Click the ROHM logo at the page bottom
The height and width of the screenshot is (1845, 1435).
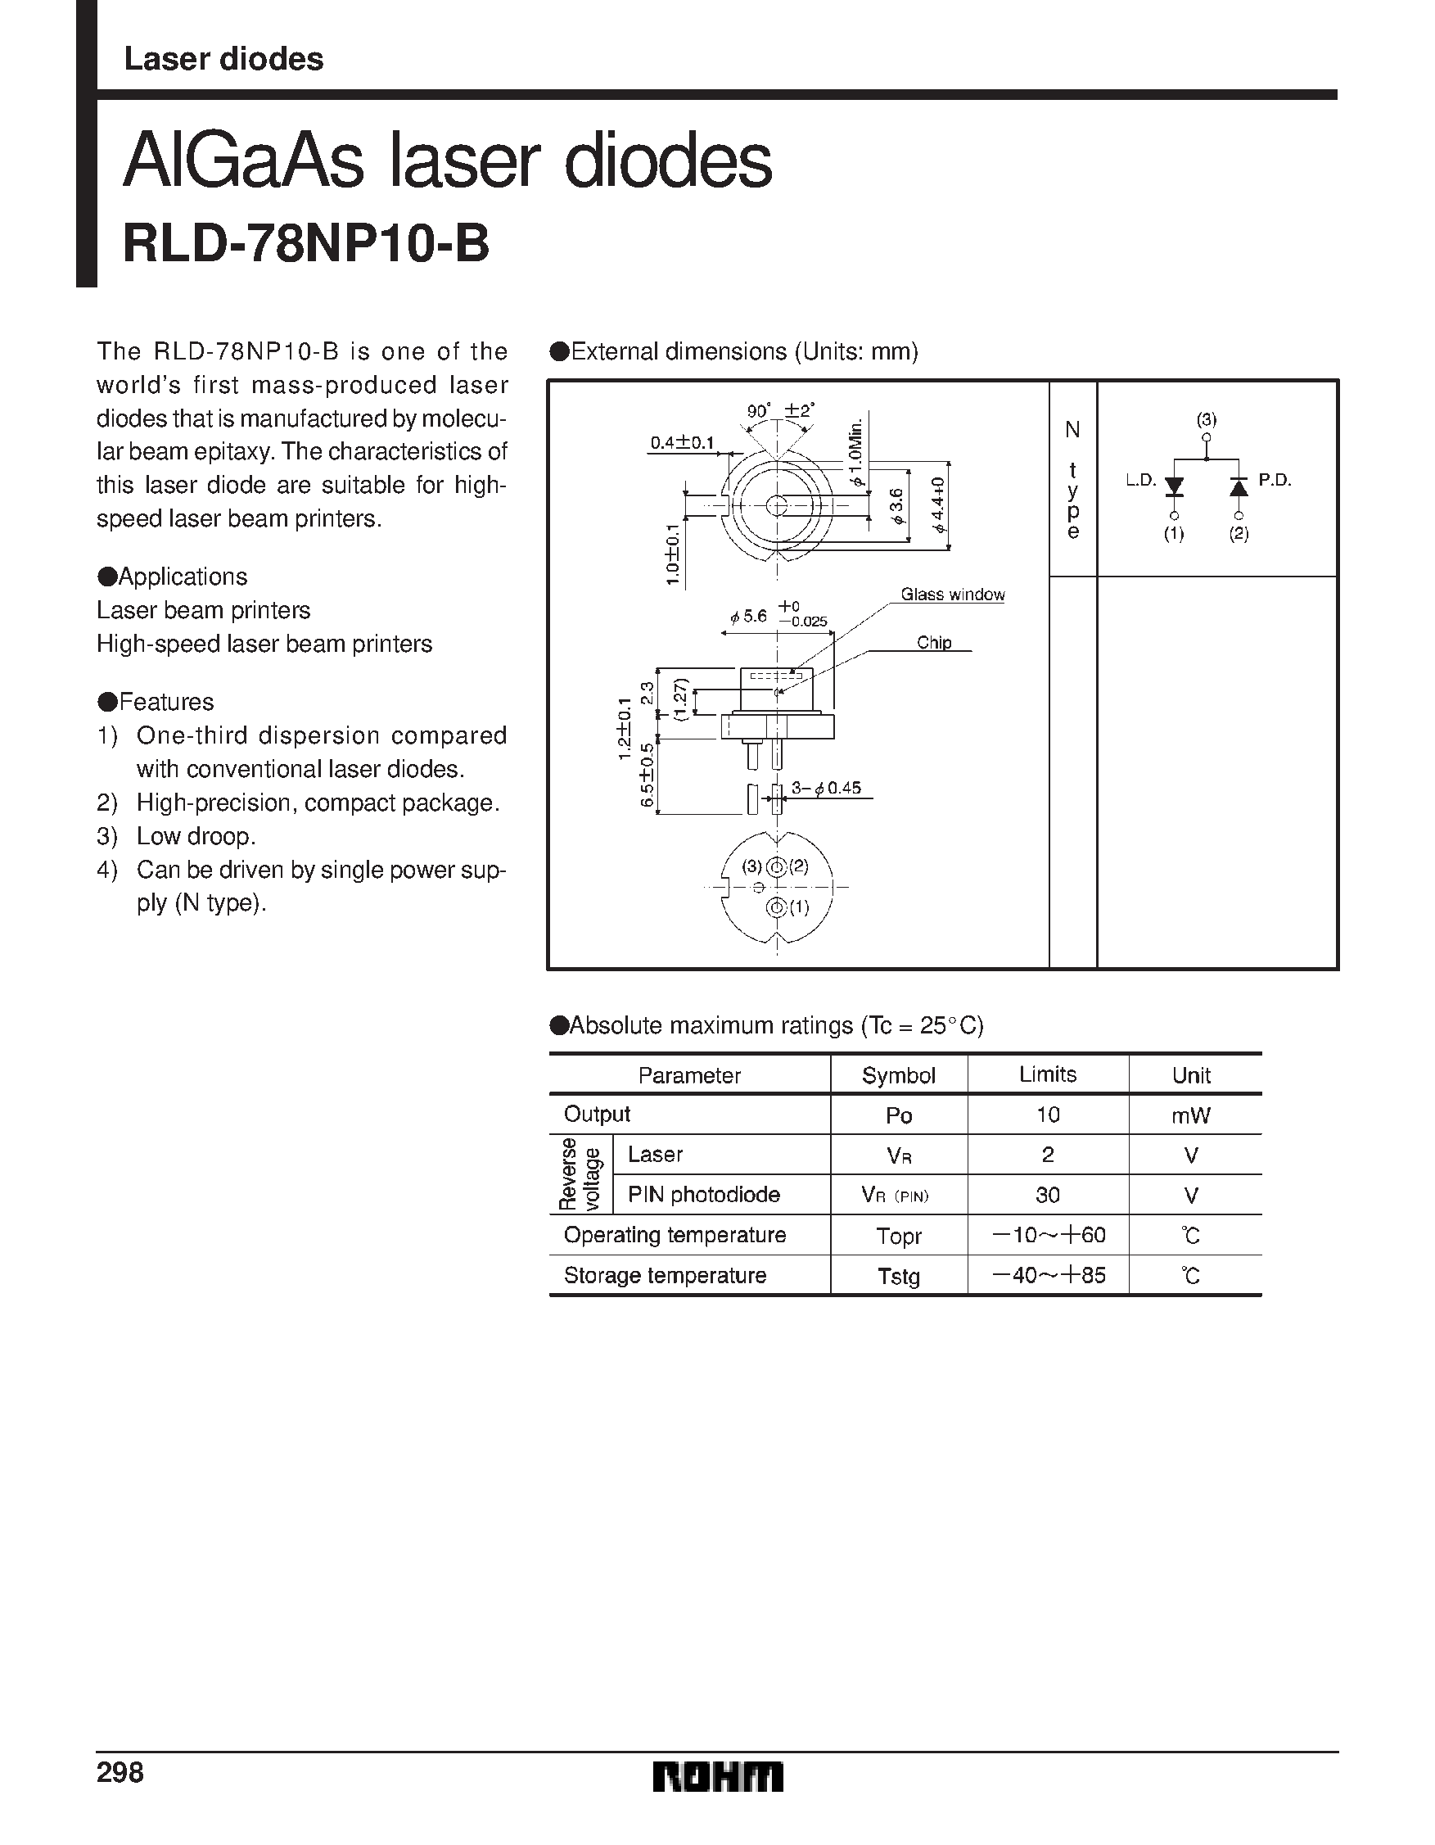718,1776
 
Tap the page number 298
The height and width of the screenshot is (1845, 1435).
120,1772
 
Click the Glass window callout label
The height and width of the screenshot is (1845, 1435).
952,595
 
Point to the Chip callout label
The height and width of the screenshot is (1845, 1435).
934,643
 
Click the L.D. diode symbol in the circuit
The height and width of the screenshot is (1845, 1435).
1174,486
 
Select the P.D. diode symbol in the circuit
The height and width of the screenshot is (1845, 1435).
1239,486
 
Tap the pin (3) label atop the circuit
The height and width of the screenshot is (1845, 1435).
1206,420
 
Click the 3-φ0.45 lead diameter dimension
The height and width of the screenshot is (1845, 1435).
826,788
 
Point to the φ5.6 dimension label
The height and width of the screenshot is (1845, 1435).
749,617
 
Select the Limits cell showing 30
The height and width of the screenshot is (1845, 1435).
1047,1195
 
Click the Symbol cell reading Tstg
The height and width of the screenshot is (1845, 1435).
898,1276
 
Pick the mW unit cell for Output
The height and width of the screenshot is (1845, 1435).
1191,1115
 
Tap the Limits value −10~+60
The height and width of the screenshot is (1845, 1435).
1047,1235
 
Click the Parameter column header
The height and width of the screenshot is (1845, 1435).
689,1075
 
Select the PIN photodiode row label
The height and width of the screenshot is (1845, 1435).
703,1195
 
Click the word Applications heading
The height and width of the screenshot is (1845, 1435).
183,577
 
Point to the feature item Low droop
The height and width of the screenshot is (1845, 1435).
196,836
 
